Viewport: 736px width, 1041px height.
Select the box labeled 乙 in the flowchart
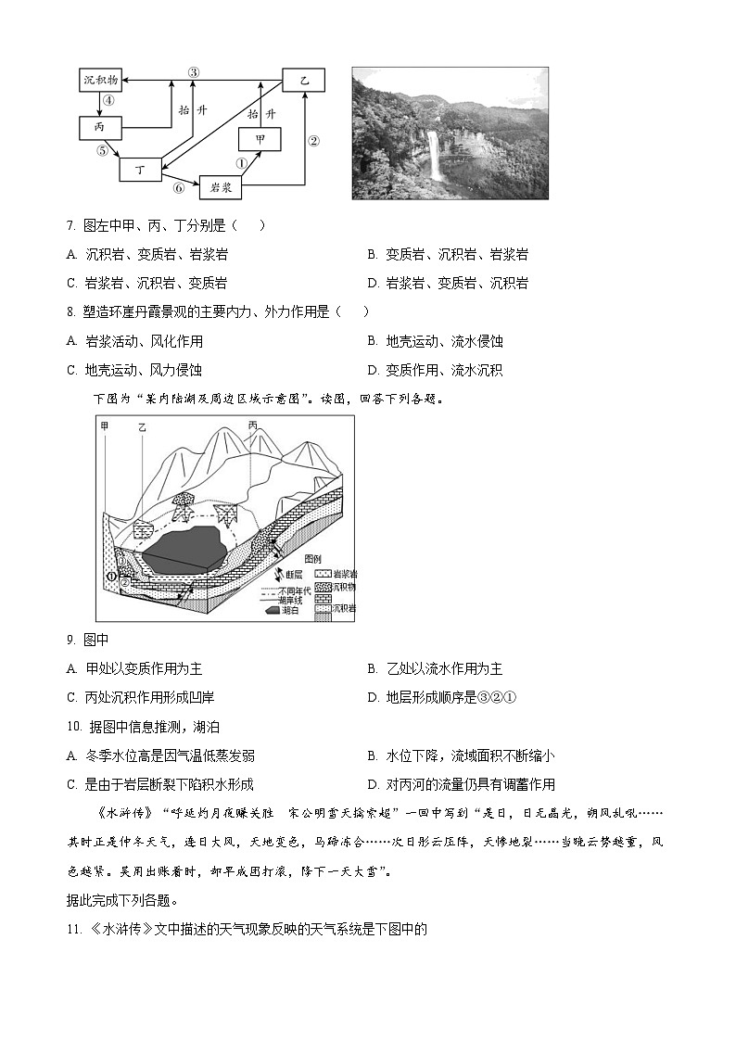[x=304, y=81]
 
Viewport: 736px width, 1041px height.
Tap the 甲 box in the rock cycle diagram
[x=260, y=138]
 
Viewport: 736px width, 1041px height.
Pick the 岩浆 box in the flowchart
[x=221, y=186]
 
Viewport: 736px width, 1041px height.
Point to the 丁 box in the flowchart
[x=141, y=170]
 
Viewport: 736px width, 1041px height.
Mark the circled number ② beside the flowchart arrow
[x=313, y=141]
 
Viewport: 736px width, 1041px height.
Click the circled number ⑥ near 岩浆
[x=179, y=186]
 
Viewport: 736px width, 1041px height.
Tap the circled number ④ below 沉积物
[x=108, y=103]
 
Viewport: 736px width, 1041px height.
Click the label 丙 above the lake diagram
[x=253, y=425]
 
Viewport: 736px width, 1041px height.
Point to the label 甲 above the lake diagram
[x=105, y=425]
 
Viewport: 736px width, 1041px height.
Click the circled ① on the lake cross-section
[x=111, y=577]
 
